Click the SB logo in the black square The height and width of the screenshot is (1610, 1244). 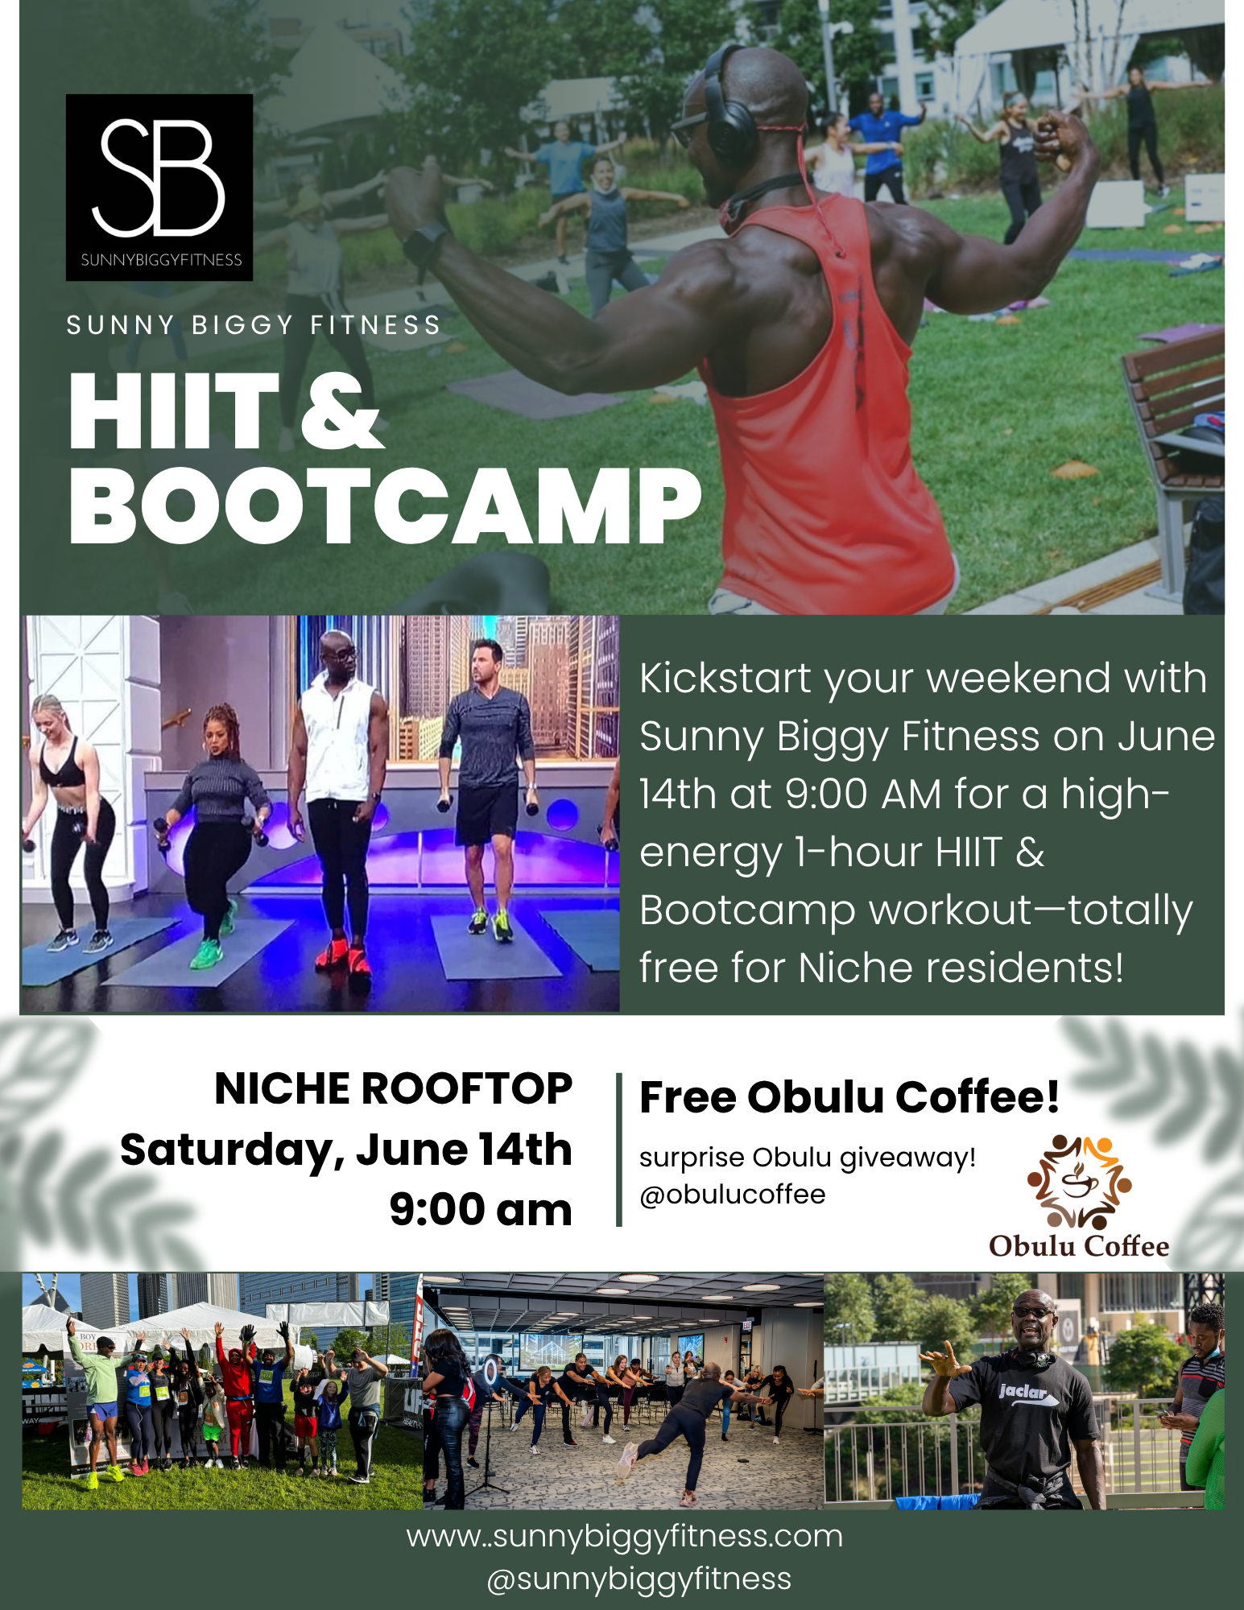point(159,187)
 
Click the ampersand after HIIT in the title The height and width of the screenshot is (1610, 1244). point(341,411)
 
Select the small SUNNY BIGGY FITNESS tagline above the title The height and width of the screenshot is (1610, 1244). point(254,325)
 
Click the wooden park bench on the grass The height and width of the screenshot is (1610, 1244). point(1176,435)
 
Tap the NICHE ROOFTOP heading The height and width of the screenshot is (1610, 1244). point(393,1089)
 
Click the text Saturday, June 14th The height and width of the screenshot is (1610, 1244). point(346,1150)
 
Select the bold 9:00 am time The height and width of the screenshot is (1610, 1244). point(481,1209)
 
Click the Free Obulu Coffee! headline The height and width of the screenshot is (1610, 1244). point(849,1096)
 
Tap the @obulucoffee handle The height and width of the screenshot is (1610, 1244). point(732,1195)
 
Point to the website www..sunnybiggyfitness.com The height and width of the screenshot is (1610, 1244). point(625,1536)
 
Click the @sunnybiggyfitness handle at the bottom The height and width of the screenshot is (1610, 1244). point(639,1579)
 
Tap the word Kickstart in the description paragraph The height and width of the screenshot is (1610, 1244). point(725,678)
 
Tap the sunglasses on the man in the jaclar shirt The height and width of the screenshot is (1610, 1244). point(1033,1313)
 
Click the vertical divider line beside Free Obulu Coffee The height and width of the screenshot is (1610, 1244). point(618,1150)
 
